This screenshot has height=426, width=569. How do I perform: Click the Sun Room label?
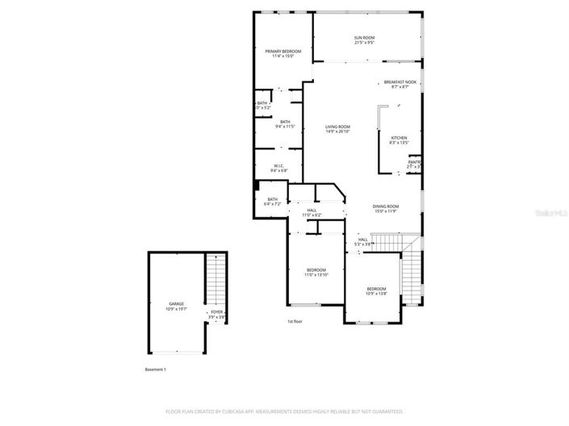[x=364, y=40]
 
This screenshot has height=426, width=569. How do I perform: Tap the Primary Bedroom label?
[x=282, y=53]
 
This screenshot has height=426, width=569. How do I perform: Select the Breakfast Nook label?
[x=400, y=84]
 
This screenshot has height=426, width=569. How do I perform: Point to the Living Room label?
[x=337, y=129]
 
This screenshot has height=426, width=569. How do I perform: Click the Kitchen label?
[x=400, y=140]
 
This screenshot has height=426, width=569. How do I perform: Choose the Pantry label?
[x=414, y=165]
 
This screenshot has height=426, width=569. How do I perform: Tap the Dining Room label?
[x=386, y=208]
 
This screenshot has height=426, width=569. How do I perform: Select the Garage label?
[x=176, y=306]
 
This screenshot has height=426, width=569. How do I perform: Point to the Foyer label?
[x=217, y=314]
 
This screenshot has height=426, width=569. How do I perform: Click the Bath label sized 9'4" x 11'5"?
[x=285, y=124]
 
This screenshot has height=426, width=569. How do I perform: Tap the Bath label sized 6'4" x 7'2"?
[x=273, y=202]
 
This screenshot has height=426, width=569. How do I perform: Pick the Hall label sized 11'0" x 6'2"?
[x=312, y=212]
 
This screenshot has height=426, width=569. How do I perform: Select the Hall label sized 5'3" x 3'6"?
[x=362, y=241]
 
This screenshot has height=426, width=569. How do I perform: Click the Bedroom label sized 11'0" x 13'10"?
[x=316, y=272]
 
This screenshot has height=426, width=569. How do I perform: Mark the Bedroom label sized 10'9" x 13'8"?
[x=377, y=291]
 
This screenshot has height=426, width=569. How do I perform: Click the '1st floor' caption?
[x=295, y=322]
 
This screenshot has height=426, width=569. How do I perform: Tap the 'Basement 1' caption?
[x=155, y=370]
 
